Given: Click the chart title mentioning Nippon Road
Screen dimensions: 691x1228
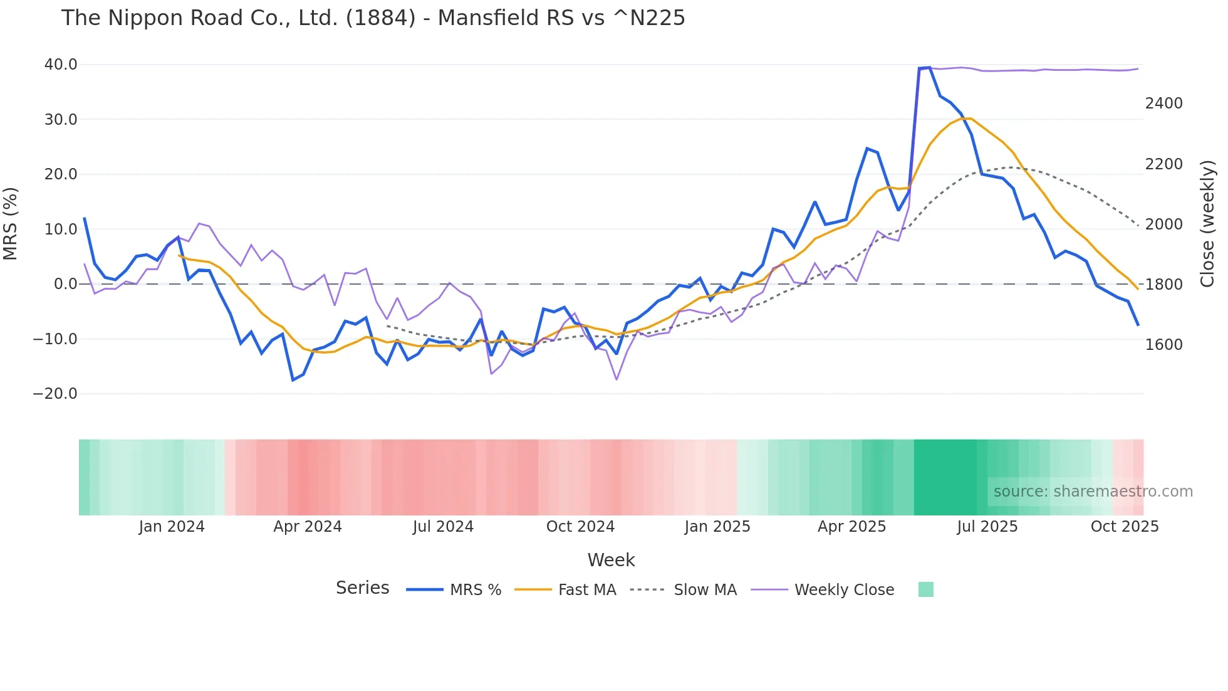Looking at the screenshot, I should (x=373, y=18).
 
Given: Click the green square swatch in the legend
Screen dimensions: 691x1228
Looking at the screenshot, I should (x=925, y=589).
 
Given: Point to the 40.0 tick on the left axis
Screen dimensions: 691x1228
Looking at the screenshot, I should (x=61, y=65).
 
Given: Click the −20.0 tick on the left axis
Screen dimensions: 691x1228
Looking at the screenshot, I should (x=55, y=394).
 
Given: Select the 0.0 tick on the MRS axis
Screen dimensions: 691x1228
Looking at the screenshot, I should (x=65, y=284).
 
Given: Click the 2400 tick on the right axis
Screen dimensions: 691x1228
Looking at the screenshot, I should (x=1163, y=103).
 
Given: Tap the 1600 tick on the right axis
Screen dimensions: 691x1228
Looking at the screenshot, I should (x=1163, y=345).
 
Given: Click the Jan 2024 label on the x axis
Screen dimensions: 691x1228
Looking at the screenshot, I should (x=172, y=527).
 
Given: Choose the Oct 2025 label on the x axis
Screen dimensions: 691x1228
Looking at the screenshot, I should (x=1124, y=527).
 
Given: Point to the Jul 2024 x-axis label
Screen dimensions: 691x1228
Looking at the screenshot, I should (x=443, y=527).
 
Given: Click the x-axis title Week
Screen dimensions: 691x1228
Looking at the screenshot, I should (x=611, y=560).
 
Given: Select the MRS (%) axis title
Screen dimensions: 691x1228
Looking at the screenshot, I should (x=11, y=224).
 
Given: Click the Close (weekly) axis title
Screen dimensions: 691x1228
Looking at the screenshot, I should (x=1207, y=224).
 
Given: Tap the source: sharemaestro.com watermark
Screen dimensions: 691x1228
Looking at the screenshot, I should (x=1093, y=492).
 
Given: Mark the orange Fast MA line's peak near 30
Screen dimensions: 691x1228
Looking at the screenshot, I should (x=965, y=118).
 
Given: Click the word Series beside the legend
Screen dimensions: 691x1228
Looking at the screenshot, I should (x=362, y=588).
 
